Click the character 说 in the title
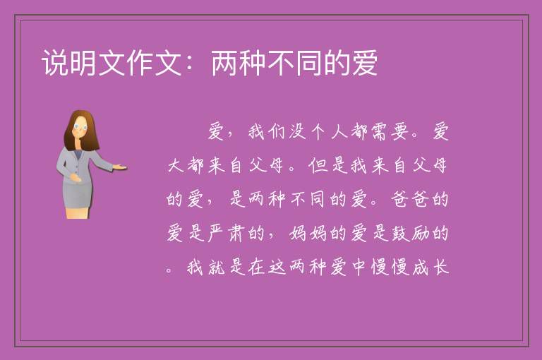(55, 63)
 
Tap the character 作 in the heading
(140, 63)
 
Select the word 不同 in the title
(296, 63)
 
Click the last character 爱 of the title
(365, 63)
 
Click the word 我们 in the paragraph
(266, 132)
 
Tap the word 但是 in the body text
(329, 165)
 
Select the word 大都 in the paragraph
(186, 165)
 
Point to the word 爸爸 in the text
(410, 199)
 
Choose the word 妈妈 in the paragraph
(308, 233)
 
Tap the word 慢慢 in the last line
(390, 267)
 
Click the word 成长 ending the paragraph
(430, 267)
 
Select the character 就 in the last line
(217, 267)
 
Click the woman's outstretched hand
(120, 167)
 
